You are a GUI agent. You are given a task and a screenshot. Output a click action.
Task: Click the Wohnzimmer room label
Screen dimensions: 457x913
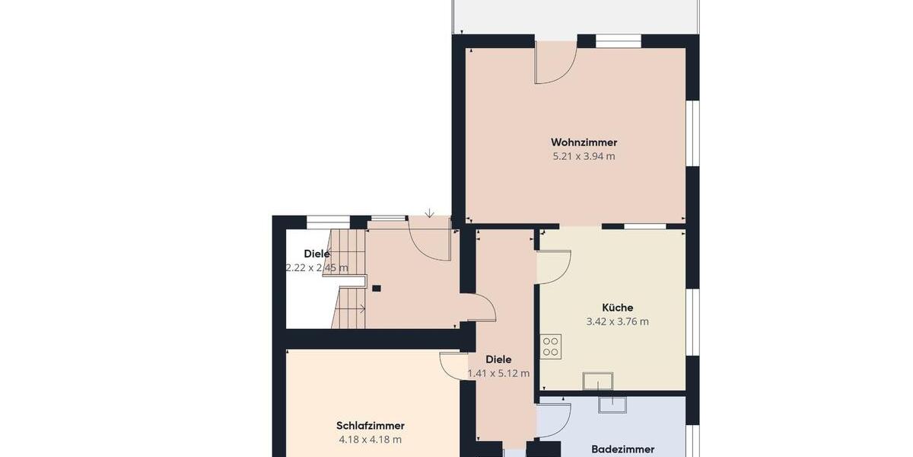click(x=584, y=142)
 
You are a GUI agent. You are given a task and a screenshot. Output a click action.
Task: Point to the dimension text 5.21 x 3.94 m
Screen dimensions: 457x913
click(x=584, y=157)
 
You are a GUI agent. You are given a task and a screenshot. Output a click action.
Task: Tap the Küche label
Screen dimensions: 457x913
click(x=617, y=308)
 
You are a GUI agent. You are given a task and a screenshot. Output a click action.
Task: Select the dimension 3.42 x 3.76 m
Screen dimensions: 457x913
click(x=617, y=321)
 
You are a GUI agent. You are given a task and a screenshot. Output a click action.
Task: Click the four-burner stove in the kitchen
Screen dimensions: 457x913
click(x=551, y=347)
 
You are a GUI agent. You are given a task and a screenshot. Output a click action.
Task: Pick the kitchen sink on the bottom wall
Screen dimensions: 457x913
click(x=597, y=380)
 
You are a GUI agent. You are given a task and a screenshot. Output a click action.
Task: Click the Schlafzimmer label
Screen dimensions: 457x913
click(x=370, y=426)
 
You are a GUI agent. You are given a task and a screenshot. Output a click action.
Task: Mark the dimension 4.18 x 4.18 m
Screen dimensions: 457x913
click(x=370, y=439)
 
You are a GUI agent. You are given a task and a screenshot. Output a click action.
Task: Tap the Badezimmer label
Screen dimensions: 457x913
click(x=622, y=449)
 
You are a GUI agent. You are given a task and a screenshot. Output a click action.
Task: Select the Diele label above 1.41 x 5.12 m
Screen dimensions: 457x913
click(x=498, y=360)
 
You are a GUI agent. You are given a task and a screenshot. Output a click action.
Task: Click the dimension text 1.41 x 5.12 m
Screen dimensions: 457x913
click(x=498, y=373)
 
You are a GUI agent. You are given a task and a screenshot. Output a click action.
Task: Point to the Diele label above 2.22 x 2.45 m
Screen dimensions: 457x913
click(x=317, y=254)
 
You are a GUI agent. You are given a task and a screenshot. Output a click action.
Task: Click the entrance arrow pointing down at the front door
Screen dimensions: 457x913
click(x=430, y=213)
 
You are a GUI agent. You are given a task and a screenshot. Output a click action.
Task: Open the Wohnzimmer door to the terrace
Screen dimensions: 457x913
click(x=554, y=64)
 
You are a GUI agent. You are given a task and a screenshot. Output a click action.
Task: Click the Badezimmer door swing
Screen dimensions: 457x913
click(x=555, y=420)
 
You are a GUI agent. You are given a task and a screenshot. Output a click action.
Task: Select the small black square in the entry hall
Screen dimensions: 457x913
click(x=377, y=288)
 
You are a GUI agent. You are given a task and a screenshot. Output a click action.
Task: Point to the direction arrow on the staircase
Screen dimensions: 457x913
click(x=362, y=308)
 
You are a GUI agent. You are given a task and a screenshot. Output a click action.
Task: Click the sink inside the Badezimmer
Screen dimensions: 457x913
click(x=612, y=404)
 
